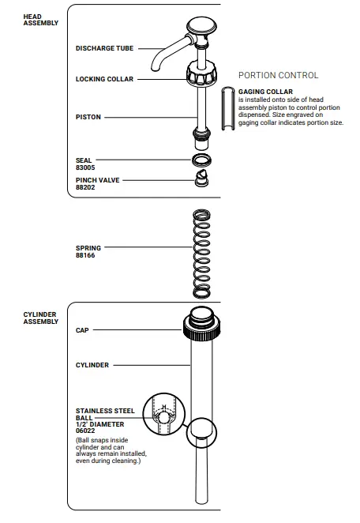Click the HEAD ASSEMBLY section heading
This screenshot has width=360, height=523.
coord(39,20)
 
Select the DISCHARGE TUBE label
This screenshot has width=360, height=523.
coord(104,48)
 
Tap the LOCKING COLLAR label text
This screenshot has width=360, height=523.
coord(104,79)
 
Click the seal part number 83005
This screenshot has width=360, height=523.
coord(85,167)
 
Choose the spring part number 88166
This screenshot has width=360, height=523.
coord(85,255)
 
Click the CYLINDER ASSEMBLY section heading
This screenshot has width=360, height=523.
coord(40,318)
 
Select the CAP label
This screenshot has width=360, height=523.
coord(81,329)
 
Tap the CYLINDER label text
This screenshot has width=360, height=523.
coord(92,365)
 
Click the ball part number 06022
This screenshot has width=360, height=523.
coord(85,431)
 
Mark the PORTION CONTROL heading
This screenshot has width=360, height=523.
coord(278,76)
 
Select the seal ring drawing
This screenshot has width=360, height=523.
coord(201,160)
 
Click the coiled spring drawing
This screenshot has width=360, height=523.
coord(202,254)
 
